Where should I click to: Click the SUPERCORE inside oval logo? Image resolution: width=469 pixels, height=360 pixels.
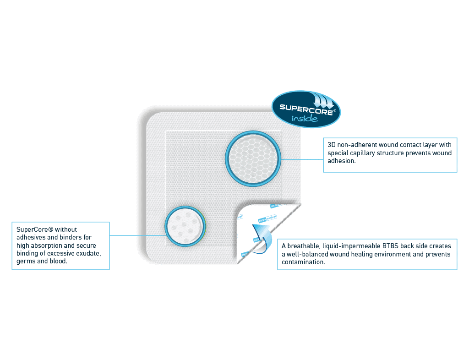tap(306, 109)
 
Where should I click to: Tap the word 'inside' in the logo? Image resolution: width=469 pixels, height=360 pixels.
tap(305, 119)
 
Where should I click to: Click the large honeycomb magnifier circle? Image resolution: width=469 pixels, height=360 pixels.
tap(253, 159)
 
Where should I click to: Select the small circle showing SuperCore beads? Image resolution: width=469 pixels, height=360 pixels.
tap(185, 226)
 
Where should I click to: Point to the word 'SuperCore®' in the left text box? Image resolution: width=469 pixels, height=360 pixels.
tap(35, 229)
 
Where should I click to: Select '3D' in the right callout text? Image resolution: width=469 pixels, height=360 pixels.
tap(332, 145)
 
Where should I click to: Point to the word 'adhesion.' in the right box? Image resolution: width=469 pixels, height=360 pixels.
tap(342, 161)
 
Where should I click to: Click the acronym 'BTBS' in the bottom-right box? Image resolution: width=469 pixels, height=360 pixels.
tap(390, 246)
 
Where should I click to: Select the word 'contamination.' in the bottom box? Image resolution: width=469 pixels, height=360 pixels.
tap(303, 262)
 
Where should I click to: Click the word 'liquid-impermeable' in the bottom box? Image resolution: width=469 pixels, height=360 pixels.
tap(351, 246)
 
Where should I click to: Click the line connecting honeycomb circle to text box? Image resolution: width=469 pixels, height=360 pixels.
tap(302, 159)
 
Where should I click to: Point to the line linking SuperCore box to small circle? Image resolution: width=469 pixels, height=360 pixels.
tap(137, 235)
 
